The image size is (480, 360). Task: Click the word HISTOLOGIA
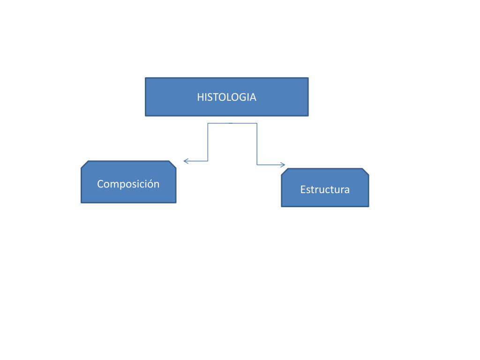coord(226,97)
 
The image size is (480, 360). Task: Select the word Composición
coord(128,184)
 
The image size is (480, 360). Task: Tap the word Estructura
coord(325,190)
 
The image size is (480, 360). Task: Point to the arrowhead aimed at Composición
coord(185,161)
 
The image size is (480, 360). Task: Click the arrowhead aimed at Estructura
coord(283,165)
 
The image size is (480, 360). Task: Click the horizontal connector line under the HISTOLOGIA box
coord(232,123)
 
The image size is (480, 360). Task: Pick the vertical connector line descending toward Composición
coord(208,142)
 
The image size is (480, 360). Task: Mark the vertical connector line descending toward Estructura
coord(257,144)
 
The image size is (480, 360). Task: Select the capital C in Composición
coord(100,184)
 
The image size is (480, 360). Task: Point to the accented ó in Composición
coord(151,184)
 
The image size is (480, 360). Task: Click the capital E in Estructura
coord(303,190)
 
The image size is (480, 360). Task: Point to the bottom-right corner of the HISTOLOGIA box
coord(308,115)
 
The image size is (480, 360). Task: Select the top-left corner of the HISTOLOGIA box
coord(146,78)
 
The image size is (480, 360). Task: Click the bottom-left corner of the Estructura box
coord(282,206)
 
